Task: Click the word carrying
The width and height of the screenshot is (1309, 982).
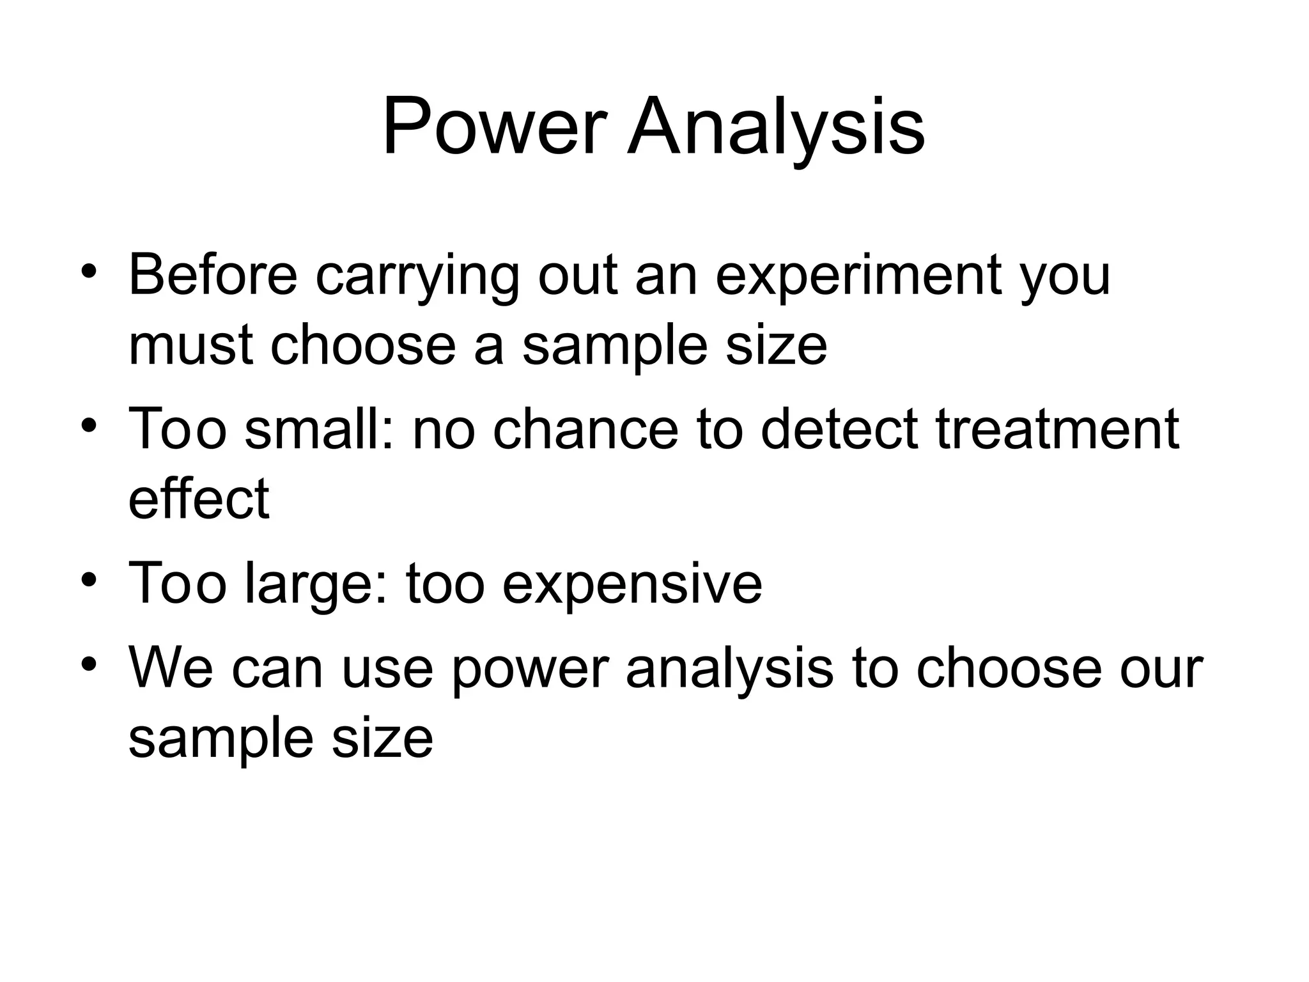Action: (417, 276)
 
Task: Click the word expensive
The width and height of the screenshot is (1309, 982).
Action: (632, 583)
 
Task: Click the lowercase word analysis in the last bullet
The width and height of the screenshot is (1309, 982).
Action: (729, 669)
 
